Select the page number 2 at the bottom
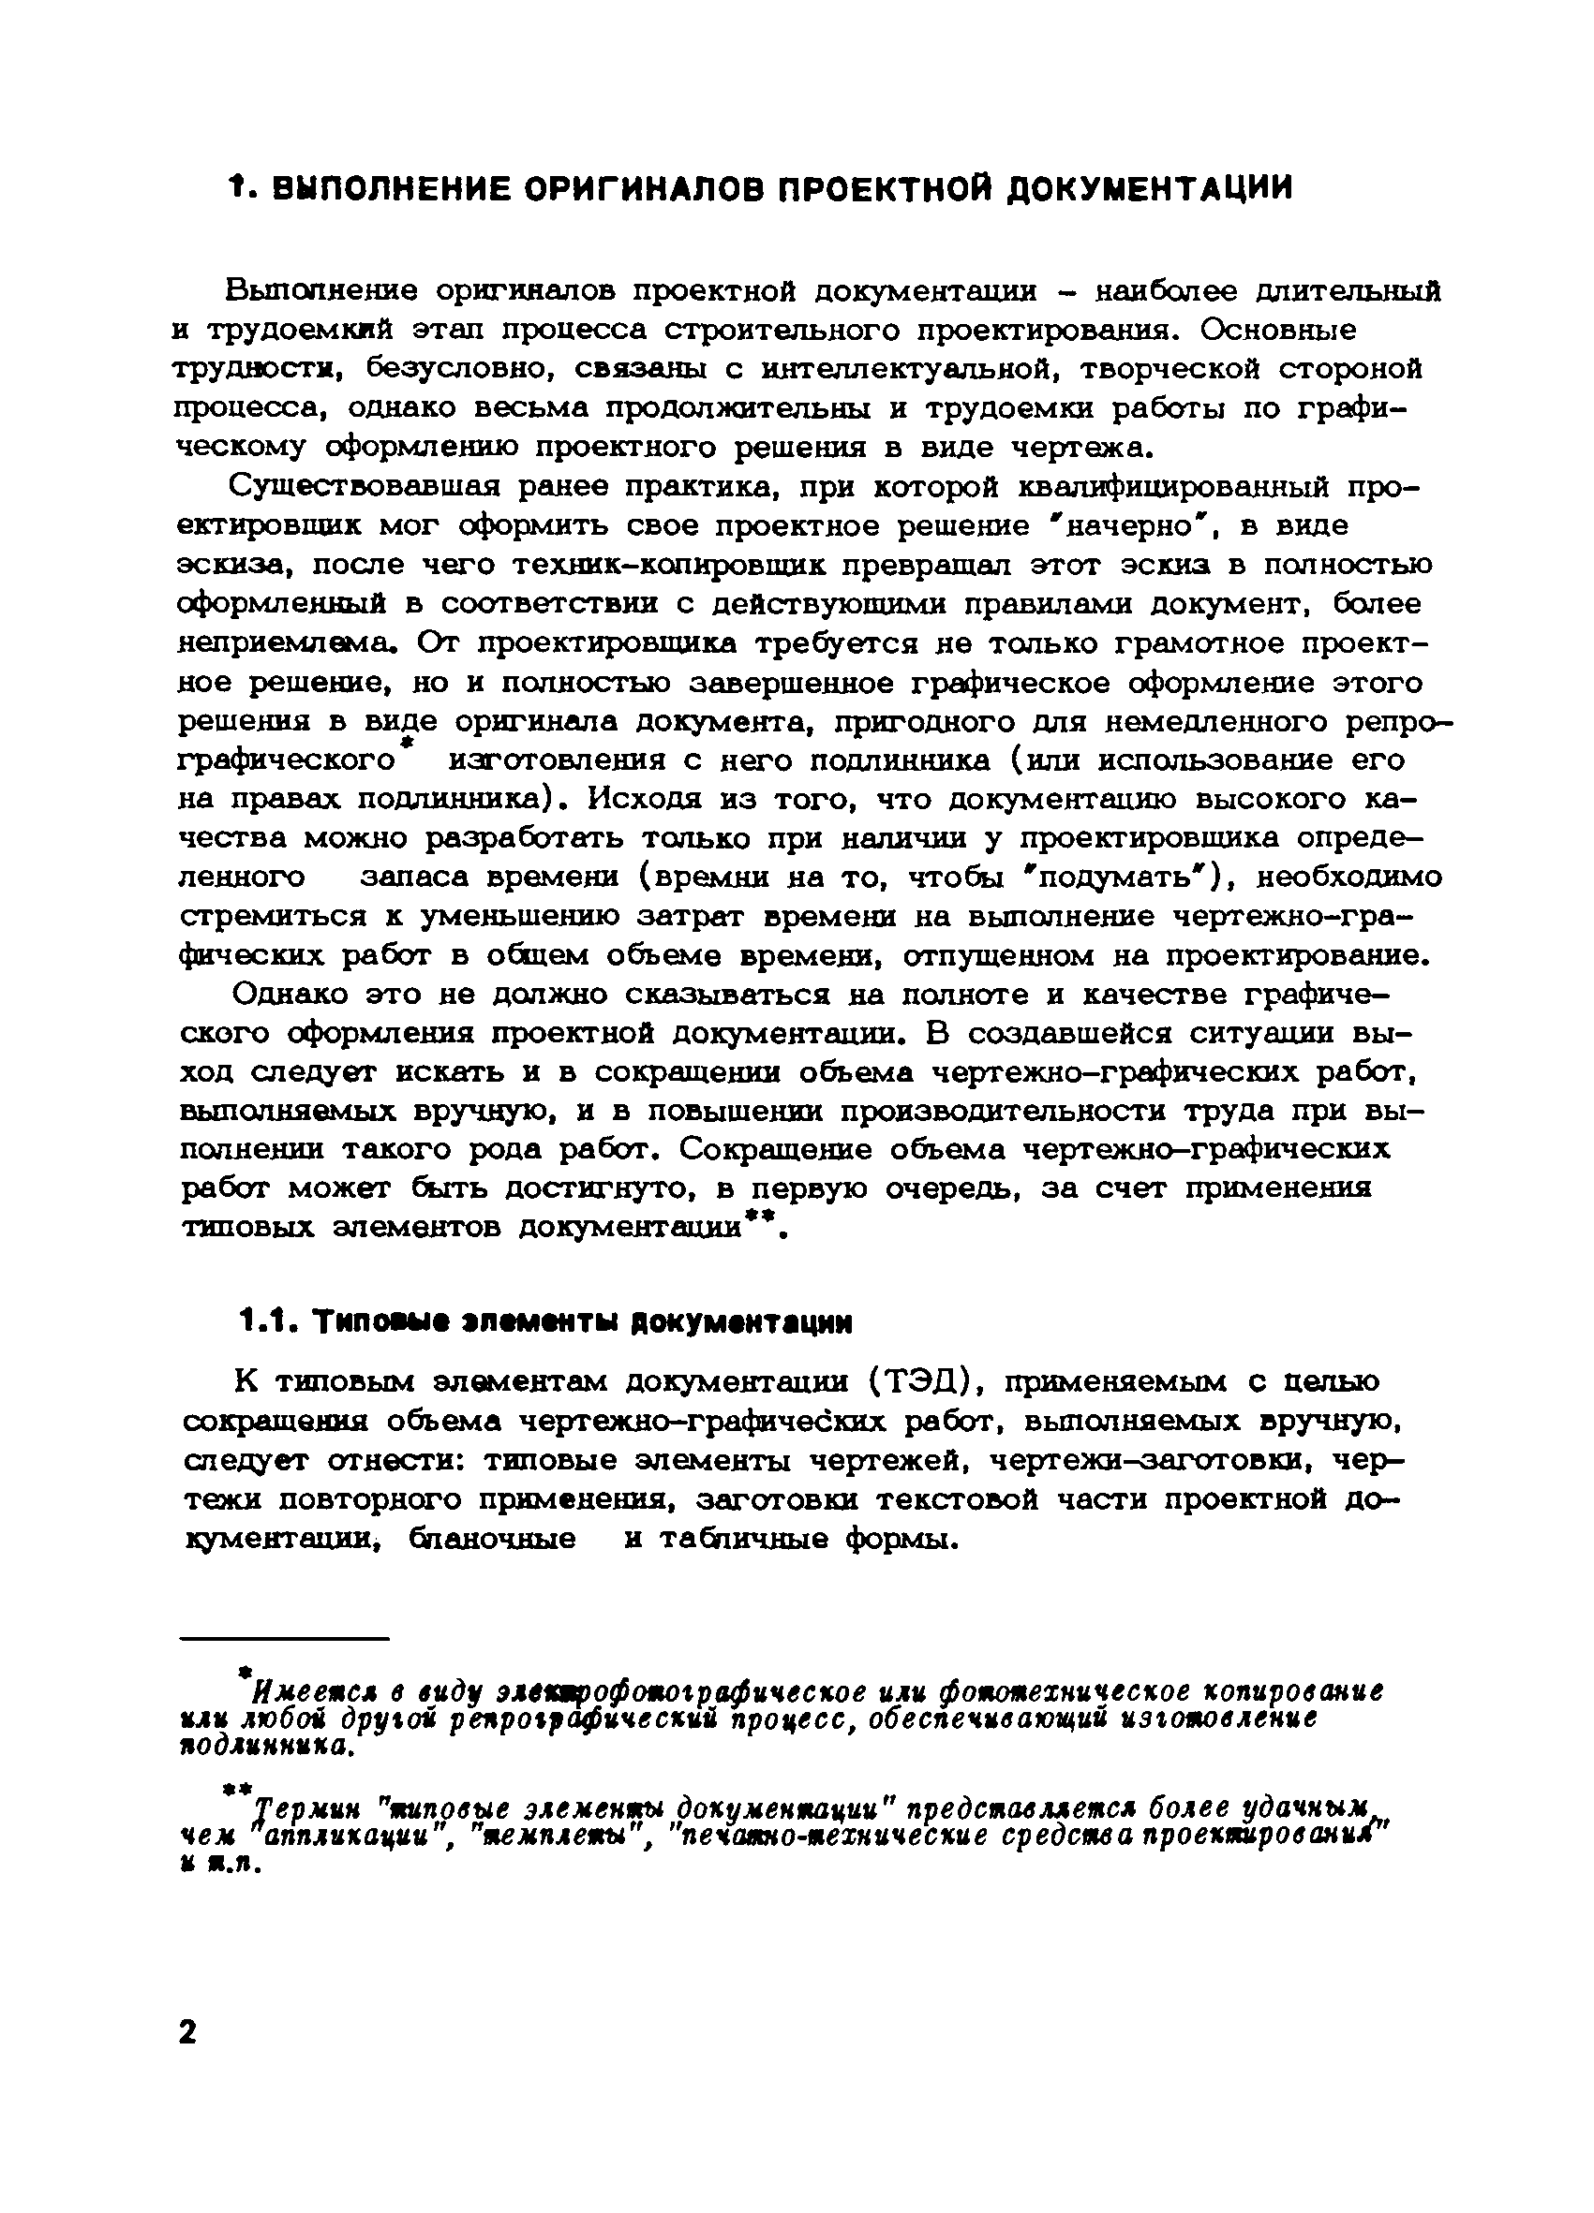[186, 2031]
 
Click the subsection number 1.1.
[266, 1322]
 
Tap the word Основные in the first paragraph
[1279, 330]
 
